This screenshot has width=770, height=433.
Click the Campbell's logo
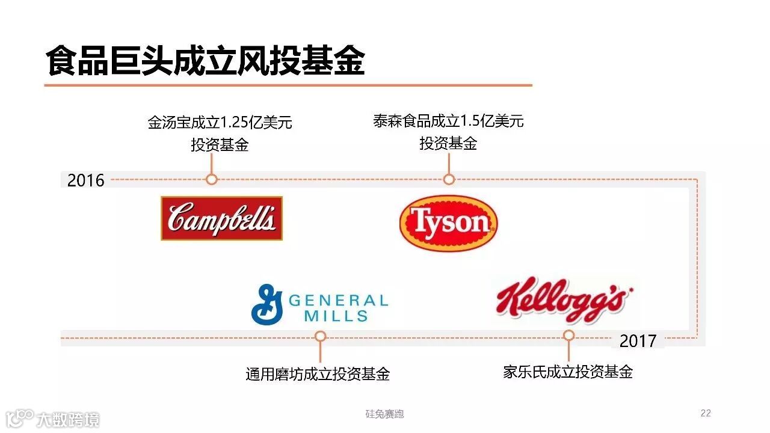tap(221, 218)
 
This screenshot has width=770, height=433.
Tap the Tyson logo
tap(449, 223)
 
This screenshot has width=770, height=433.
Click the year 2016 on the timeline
tap(85, 180)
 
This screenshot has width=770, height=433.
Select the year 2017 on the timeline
tap(638, 341)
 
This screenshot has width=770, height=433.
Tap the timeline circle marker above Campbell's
tap(211, 179)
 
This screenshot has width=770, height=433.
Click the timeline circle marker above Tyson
tap(449, 179)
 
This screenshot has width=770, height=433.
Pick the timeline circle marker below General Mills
tap(320, 336)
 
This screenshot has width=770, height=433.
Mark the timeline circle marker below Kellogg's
tap(568, 336)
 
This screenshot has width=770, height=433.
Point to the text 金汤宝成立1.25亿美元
tap(220, 123)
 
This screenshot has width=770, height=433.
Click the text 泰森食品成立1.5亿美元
tap(448, 121)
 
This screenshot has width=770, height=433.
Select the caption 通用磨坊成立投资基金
tap(318, 374)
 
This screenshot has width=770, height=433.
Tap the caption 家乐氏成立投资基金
tap(568, 372)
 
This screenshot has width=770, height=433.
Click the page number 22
tap(706, 413)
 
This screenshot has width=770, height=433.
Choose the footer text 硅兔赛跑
tap(385, 414)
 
